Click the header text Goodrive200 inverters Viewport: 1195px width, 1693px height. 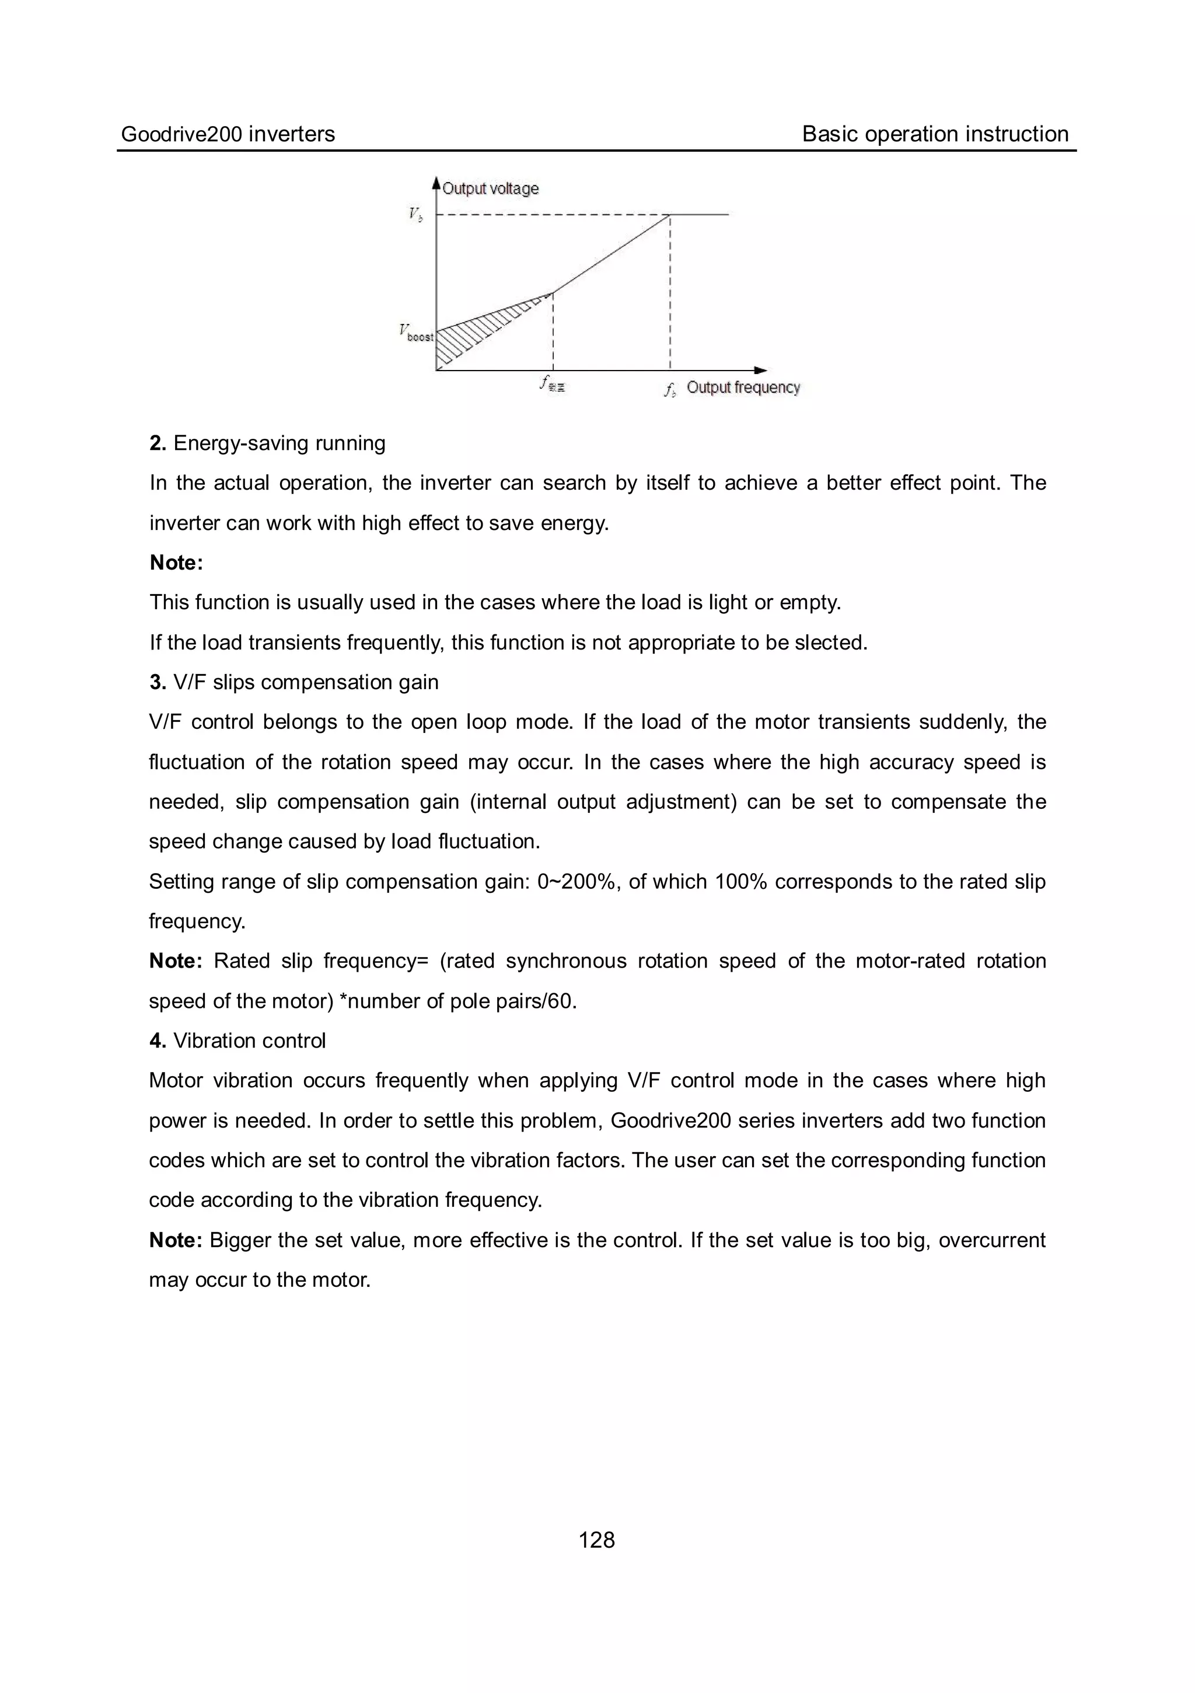coord(228,134)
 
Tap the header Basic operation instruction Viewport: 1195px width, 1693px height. coord(935,134)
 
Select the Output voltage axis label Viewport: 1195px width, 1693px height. coord(490,189)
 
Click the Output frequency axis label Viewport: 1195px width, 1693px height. coord(743,388)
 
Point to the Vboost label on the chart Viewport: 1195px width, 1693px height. coord(417,333)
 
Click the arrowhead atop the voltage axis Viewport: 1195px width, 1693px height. coord(436,182)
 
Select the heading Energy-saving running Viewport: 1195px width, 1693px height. coord(279,443)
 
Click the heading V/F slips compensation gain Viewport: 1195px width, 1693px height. coord(305,682)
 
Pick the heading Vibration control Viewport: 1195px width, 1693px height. coord(249,1041)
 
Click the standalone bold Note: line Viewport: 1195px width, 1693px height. coord(176,563)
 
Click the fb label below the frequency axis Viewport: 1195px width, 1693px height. coord(669,390)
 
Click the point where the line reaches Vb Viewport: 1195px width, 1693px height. coord(669,215)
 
